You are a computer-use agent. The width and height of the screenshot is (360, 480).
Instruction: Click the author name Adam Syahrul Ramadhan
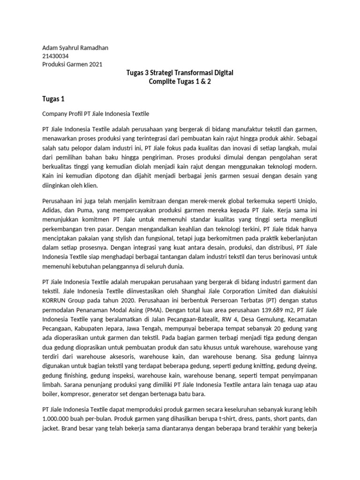[x=75, y=47]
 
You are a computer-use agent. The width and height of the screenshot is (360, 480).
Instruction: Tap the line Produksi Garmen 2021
[x=72, y=64]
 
